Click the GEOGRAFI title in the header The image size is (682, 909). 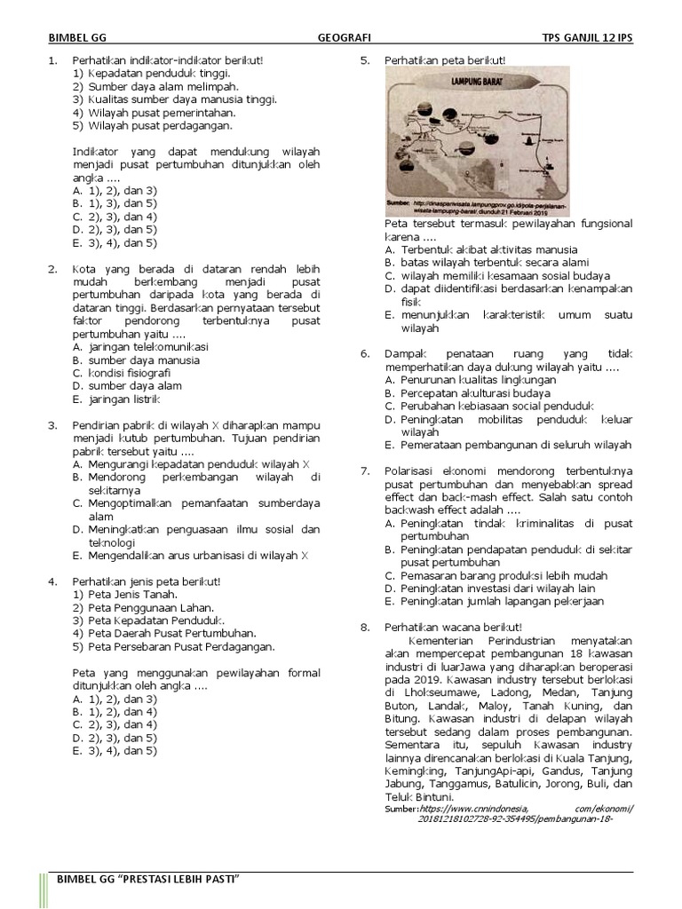coord(344,39)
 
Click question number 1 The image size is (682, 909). coord(52,60)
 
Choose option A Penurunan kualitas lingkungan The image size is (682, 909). coord(471,379)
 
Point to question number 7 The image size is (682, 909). coord(364,470)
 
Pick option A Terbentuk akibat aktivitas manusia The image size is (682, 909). coord(480,249)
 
